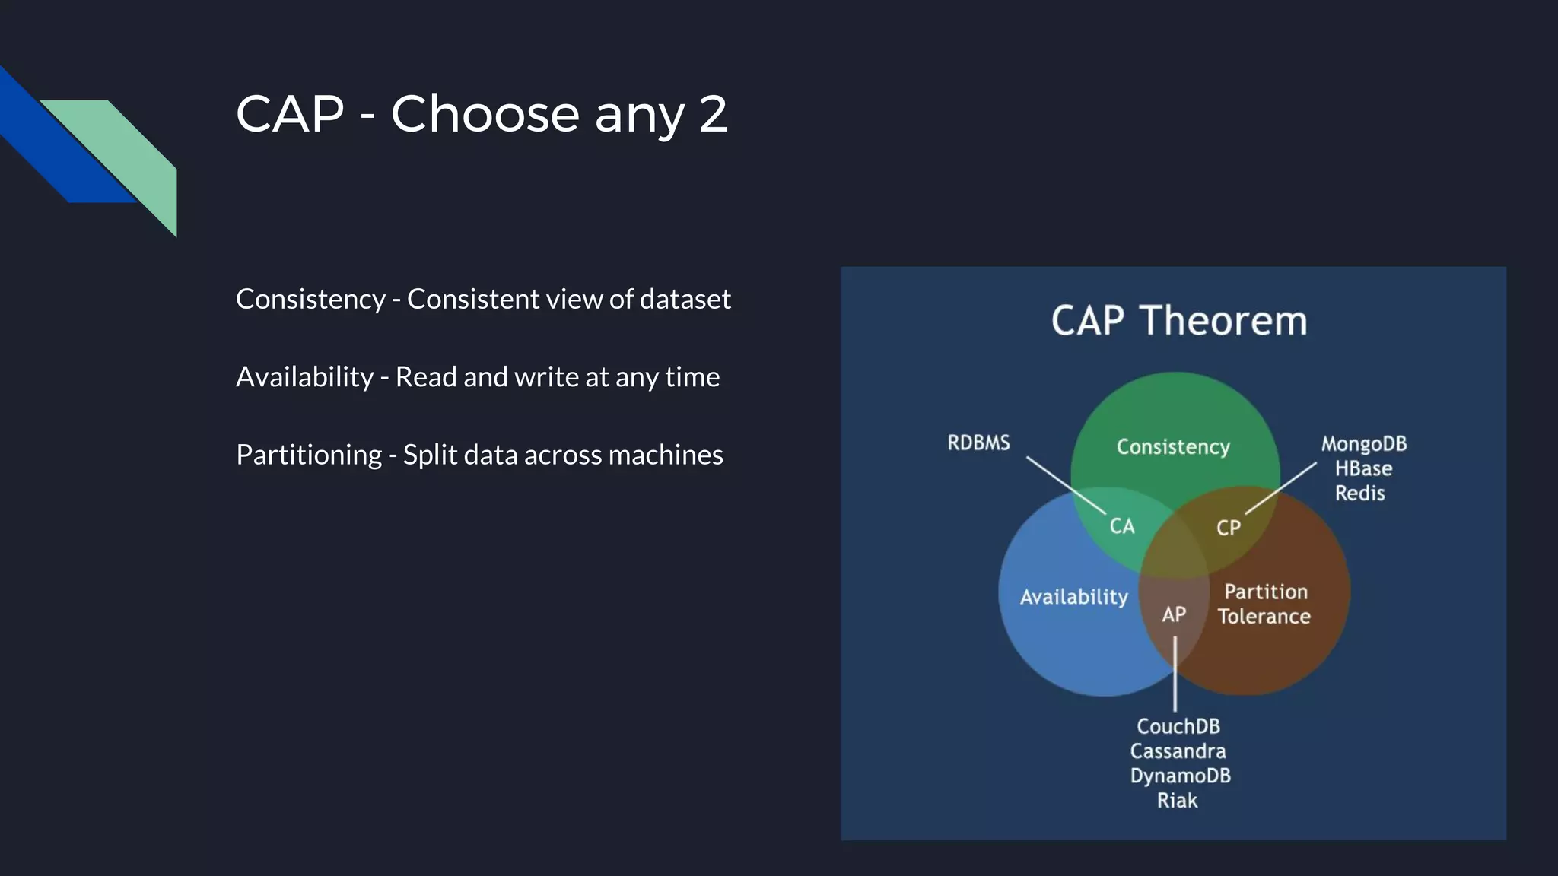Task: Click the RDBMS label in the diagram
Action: [x=978, y=443]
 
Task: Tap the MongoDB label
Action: [x=1363, y=444]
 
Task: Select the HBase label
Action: [x=1363, y=468]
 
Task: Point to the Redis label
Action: [x=1359, y=493]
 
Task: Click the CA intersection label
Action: [x=1121, y=525]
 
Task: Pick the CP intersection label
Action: [x=1228, y=528]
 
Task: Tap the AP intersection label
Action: [x=1173, y=614]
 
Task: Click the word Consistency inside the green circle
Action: [x=1172, y=447]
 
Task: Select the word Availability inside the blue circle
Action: [x=1073, y=597]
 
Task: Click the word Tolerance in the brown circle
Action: [x=1264, y=616]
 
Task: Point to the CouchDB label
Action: [x=1178, y=726]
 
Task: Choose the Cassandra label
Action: [x=1178, y=751]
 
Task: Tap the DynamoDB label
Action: [x=1180, y=776]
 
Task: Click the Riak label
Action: [x=1177, y=800]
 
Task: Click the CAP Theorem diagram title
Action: [x=1178, y=321]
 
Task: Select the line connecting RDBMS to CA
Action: [x=1065, y=484]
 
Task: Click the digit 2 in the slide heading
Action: [x=713, y=114]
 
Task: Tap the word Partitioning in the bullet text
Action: [x=308, y=455]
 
